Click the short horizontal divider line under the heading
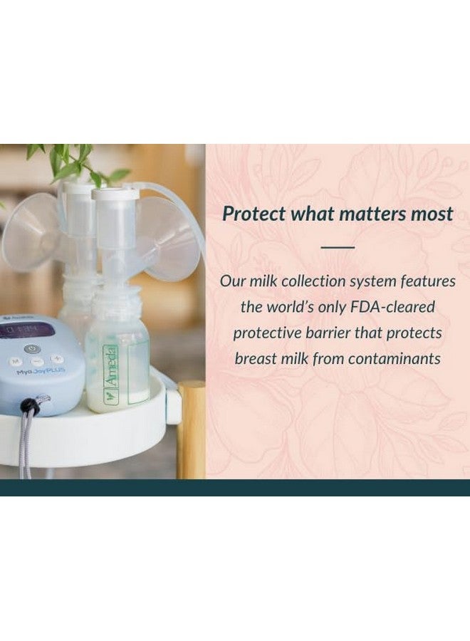(x=337, y=247)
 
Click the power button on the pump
(x=30, y=349)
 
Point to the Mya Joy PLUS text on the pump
(x=27, y=372)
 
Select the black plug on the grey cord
(x=30, y=407)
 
